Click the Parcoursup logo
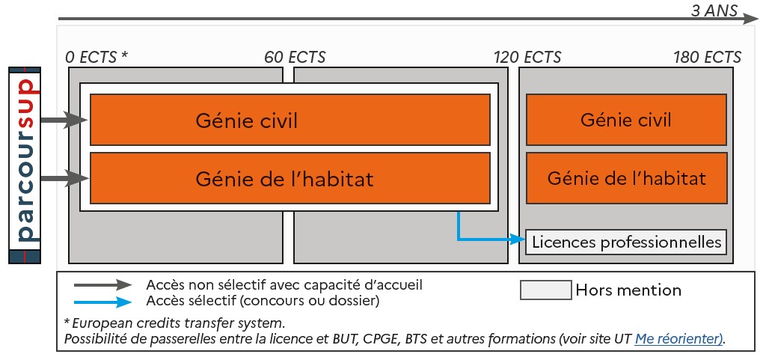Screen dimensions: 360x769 25,165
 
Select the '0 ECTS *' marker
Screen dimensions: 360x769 96,58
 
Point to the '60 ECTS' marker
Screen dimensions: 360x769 295,58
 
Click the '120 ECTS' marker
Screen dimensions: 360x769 527,58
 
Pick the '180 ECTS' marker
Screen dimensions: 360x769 707,58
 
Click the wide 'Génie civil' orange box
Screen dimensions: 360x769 289,120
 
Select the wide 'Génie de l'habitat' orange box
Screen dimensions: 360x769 289,178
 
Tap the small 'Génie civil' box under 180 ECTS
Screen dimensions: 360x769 625,120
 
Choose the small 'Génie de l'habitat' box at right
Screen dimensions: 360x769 625,178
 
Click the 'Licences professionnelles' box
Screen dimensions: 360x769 625,242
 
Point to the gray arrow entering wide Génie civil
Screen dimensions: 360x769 64,120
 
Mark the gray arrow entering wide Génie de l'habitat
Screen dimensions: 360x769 64,178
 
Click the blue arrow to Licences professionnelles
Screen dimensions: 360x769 486,240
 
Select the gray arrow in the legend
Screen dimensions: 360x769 102,285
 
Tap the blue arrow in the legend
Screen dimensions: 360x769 102,302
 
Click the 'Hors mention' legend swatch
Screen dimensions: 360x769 545,290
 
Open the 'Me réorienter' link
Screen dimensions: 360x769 678,338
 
